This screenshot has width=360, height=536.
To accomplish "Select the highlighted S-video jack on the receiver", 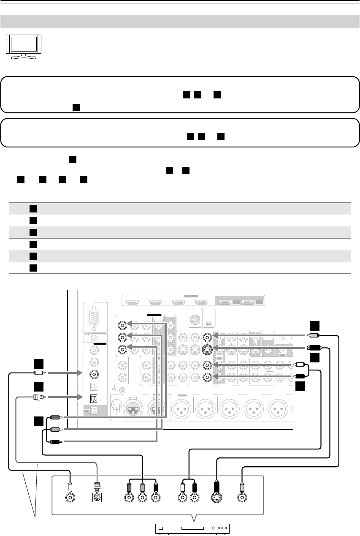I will tap(207, 349).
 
